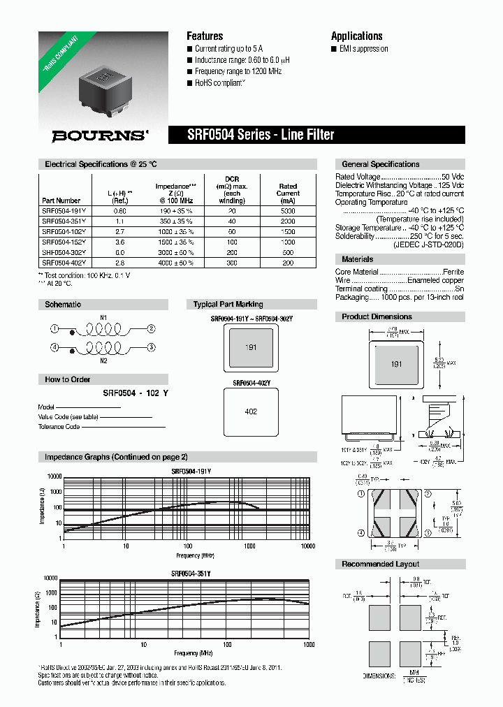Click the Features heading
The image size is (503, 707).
click(x=205, y=36)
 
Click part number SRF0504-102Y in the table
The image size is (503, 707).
click(x=64, y=230)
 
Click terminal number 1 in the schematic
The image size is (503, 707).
click(x=54, y=328)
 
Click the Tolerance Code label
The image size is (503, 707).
click(x=59, y=426)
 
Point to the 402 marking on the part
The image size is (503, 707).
click(x=251, y=411)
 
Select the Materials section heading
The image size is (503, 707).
click(x=357, y=259)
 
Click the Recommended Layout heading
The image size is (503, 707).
click(x=380, y=564)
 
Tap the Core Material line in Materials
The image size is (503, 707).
click(x=399, y=272)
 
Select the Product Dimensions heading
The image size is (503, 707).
click(x=377, y=316)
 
